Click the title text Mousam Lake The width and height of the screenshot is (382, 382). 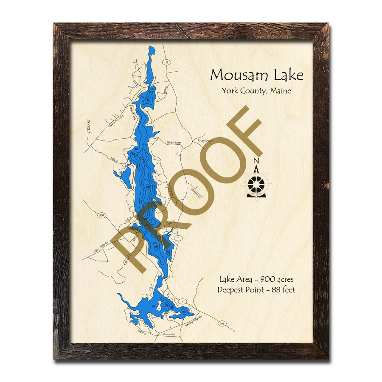257,76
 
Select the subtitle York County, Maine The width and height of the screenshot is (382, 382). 256,91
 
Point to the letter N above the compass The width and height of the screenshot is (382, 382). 256,161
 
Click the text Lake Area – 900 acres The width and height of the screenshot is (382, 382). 256,279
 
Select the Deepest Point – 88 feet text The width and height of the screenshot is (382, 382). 256,290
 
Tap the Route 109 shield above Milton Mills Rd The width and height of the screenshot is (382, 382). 101,216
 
